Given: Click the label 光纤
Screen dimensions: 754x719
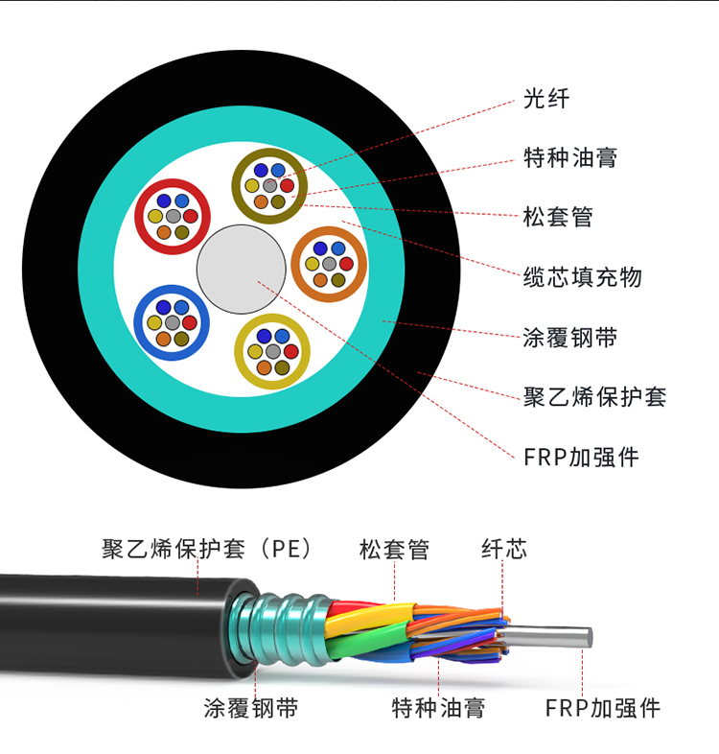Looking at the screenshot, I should coord(546,98).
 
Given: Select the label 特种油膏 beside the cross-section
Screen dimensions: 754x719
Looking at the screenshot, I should coord(570,157).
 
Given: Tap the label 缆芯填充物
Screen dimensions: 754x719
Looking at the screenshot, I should coord(582,278).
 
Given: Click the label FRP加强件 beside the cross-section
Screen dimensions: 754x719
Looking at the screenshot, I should coord(581,457).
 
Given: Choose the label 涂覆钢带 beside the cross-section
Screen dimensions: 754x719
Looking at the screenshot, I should coord(570,338).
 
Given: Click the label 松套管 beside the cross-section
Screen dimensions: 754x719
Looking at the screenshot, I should coord(558,217).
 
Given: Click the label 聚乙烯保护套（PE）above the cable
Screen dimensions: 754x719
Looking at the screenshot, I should coord(208,550).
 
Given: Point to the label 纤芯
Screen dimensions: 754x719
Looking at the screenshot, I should coord(503,550).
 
